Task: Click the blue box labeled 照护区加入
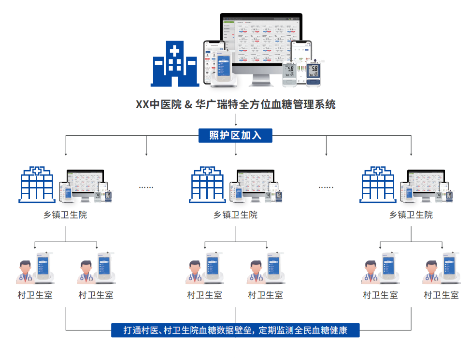(235, 136)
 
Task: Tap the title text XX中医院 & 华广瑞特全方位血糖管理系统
(235, 104)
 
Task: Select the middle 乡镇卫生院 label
(236, 215)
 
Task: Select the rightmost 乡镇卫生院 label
(411, 215)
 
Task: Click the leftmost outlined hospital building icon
(36, 185)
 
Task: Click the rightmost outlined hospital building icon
(378, 185)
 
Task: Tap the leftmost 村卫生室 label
(35, 295)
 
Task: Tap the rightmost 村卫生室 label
(441, 295)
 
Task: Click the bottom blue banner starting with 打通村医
(235, 331)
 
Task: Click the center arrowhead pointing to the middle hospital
(236, 154)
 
